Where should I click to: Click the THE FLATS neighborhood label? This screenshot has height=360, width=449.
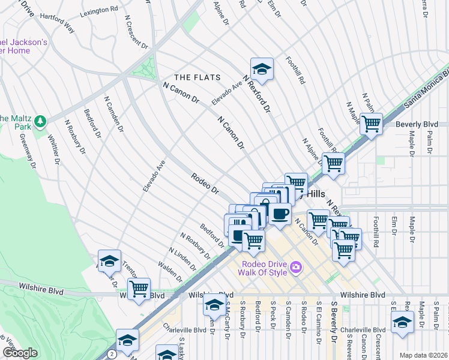(x=197, y=77)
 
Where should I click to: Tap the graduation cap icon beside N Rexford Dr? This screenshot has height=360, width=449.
(x=262, y=69)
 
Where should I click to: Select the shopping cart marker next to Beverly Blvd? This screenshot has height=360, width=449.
(x=371, y=124)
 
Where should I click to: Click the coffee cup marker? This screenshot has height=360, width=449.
(x=280, y=213)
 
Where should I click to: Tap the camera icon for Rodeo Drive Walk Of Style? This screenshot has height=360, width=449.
(x=295, y=266)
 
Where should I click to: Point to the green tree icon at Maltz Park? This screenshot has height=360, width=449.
(x=41, y=122)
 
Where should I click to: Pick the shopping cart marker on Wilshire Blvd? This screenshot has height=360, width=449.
(x=139, y=289)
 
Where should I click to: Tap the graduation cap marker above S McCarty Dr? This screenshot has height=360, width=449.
(x=214, y=305)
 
